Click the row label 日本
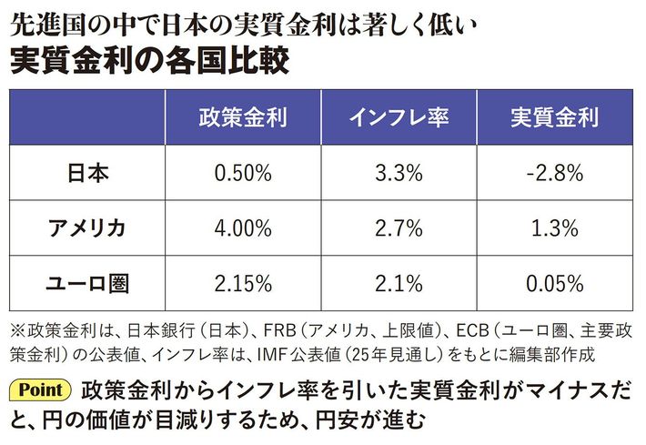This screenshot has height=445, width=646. click(88, 172)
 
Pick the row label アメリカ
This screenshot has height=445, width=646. click(88, 228)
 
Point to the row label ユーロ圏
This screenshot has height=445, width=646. click(88, 282)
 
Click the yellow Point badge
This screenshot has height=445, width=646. click(40, 390)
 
